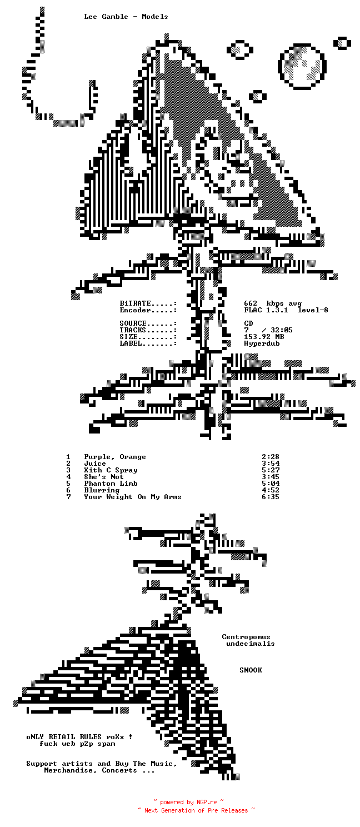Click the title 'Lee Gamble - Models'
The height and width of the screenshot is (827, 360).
click(x=126, y=17)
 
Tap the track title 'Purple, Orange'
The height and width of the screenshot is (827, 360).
click(x=115, y=457)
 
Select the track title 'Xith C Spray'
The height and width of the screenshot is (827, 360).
click(x=111, y=470)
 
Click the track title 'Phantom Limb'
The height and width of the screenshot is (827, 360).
click(x=111, y=484)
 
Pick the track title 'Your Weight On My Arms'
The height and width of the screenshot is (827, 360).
click(x=133, y=497)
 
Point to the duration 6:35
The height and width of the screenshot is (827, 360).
click(x=270, y=497)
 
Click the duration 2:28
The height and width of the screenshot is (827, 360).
click(x=270, y=457)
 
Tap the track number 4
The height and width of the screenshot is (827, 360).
click(x=69, y=477)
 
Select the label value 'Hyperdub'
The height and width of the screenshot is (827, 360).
click(x=262, y=343)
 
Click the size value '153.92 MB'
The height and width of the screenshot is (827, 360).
click(x=264, y=337)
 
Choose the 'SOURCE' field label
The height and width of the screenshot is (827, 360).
click(x=133, y=323)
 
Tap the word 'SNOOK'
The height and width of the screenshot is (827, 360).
click(x=251, y=670)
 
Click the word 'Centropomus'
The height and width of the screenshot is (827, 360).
click(x=246, y=637)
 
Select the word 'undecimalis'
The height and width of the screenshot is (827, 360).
click(x=251, y=644)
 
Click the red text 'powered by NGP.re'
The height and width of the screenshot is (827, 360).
click(x=188, y=802)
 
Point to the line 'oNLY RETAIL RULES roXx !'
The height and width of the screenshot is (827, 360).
click(x=79, y=737)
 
